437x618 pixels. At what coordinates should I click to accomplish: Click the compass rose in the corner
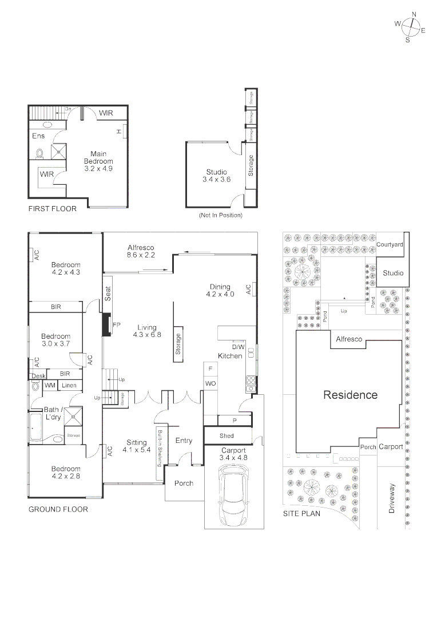tap(410, 27)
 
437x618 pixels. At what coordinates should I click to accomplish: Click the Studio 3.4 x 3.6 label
tap(216, 176)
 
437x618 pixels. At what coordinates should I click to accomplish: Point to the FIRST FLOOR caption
tap(52, 209)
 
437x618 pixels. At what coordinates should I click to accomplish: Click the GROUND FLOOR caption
tap(58, 509)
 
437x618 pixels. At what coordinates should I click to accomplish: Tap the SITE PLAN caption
tap(301, 513)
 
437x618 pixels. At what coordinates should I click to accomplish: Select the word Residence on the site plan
tap(351, 395)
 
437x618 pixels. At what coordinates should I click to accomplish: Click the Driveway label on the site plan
tap(392, 498)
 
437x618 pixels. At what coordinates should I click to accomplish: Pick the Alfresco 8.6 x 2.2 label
tap(141, 252)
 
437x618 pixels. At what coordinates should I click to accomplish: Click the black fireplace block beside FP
tap(106, 324)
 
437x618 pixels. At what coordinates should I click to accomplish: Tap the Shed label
tap(227, 436)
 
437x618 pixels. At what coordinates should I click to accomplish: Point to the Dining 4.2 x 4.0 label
tap(220, 291)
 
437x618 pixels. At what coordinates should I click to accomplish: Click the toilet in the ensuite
tap(40, 153)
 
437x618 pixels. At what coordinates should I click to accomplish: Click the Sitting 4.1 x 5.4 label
tap(136, 446)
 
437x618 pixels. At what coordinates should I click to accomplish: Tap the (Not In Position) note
tap(220, 215)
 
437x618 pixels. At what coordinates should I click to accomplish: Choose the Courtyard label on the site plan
tap(390, 244)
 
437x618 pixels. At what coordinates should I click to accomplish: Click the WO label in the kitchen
tap(210, 382)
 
